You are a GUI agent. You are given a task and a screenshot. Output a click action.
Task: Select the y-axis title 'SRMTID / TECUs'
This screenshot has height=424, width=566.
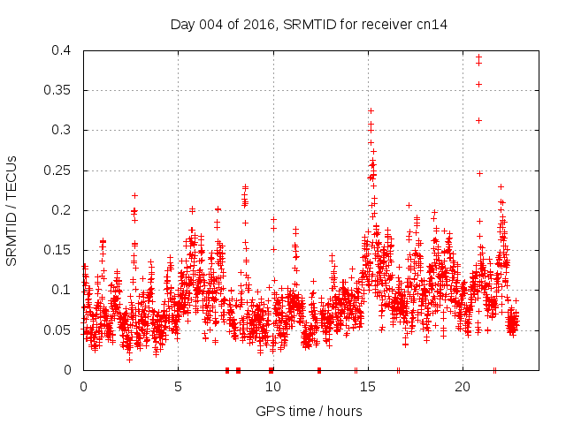pyautogui.click(x=12, y=210)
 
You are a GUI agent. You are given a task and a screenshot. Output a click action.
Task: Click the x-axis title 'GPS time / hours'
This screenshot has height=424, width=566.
pyautogui.click(x=309, y=411)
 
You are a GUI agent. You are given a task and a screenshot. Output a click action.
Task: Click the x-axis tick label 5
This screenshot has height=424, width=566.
pyautogui.click(x=178, y=386)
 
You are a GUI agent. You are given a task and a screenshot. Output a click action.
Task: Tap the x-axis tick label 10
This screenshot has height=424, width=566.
pyautogui.click(x=272, y=386)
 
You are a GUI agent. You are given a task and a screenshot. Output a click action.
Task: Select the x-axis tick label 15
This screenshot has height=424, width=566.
pyautogui.click(x=367, y=386)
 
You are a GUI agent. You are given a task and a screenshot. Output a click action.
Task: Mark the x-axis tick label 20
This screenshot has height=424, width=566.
pyautogui.click(x=462, y=386)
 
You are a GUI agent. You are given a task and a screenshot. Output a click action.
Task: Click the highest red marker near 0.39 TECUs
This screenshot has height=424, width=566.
pyautogui.click(x=478, y=57)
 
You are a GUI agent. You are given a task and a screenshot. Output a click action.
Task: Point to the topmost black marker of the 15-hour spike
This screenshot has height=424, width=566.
pyautogui.click(x=371, y=110)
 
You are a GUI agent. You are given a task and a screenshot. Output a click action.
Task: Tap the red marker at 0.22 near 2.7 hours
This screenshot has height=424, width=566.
pyautogui.click(x=134, y=195)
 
